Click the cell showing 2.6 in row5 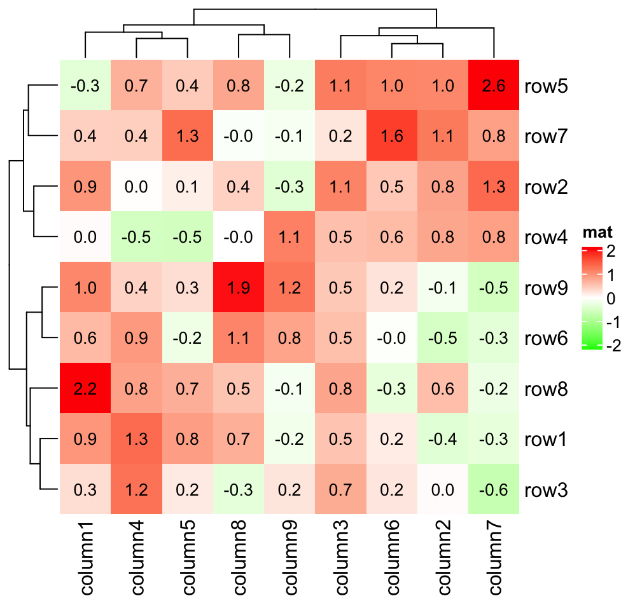point(493,86)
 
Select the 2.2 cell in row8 point(85,388)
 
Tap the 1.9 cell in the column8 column point(238,287)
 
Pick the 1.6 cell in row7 point(391,136)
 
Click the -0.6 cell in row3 point(493,489)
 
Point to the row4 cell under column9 point(290,237)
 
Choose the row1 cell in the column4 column point(136,438)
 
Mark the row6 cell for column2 point(442,338)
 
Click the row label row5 point(546,86)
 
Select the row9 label point(546,287)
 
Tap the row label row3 point(546,489)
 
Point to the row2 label point(546,187)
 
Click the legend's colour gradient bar point(591,298)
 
